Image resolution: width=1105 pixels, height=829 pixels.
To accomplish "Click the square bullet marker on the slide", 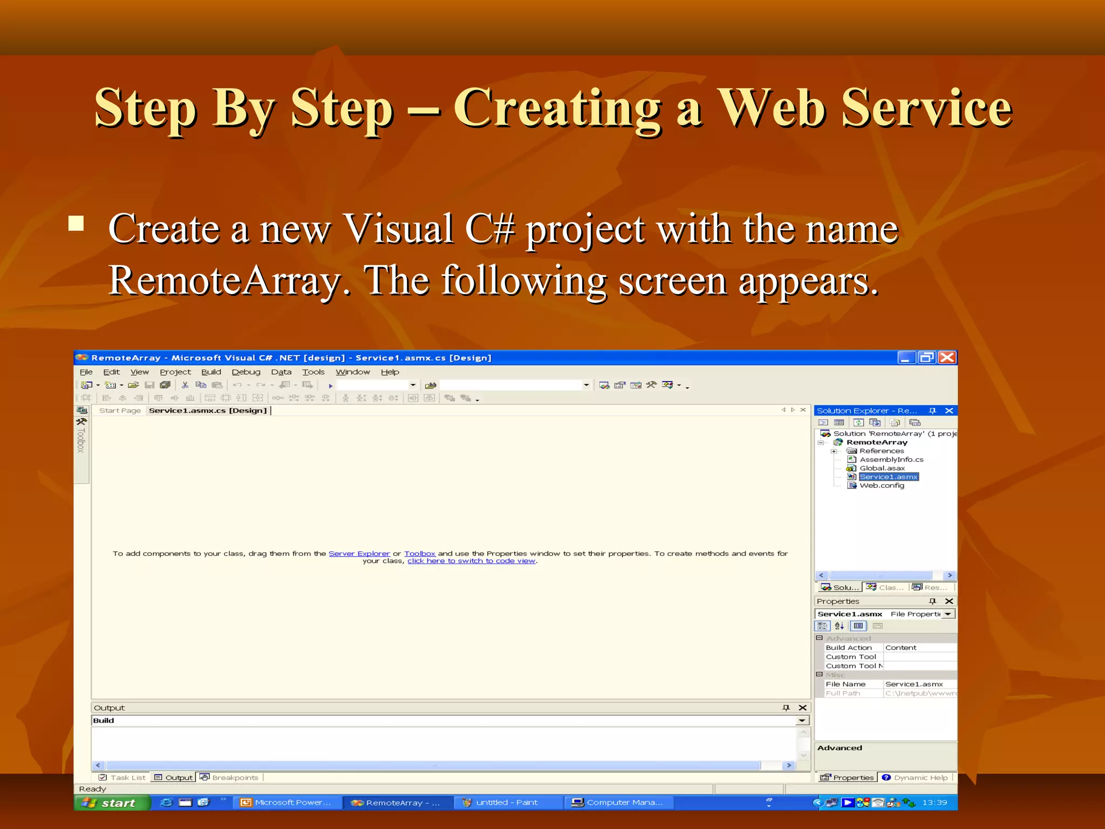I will point(76,223).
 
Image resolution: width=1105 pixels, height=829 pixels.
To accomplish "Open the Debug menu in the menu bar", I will point(246,372).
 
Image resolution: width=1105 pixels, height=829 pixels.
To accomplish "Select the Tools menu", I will point(313,372).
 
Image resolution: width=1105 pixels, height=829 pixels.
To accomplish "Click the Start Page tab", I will point(120,411).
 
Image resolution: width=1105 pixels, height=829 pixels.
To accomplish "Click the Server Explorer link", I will point(359,554).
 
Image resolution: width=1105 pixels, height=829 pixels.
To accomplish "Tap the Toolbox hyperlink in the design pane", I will point(419,554).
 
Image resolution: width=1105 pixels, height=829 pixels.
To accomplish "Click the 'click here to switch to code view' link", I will point(471,561).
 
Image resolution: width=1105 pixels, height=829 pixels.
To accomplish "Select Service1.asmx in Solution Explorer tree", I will point(888,477).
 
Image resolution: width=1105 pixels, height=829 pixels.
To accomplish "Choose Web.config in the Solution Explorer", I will point(882,486).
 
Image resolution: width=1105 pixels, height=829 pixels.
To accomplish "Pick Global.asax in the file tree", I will point(882,468).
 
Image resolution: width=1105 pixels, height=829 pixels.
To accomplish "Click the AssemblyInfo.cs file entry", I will point(891,460).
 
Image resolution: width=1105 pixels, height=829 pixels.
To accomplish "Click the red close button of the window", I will point(947,357).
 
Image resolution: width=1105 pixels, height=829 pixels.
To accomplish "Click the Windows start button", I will point(112,803).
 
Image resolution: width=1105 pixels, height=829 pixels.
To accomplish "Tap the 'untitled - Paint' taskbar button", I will point(506,803).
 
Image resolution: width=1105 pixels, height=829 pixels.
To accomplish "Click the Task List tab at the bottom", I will point(122,778).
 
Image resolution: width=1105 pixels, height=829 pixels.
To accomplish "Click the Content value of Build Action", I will point(901,648).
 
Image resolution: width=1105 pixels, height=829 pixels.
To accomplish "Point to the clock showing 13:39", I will point(935,803).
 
